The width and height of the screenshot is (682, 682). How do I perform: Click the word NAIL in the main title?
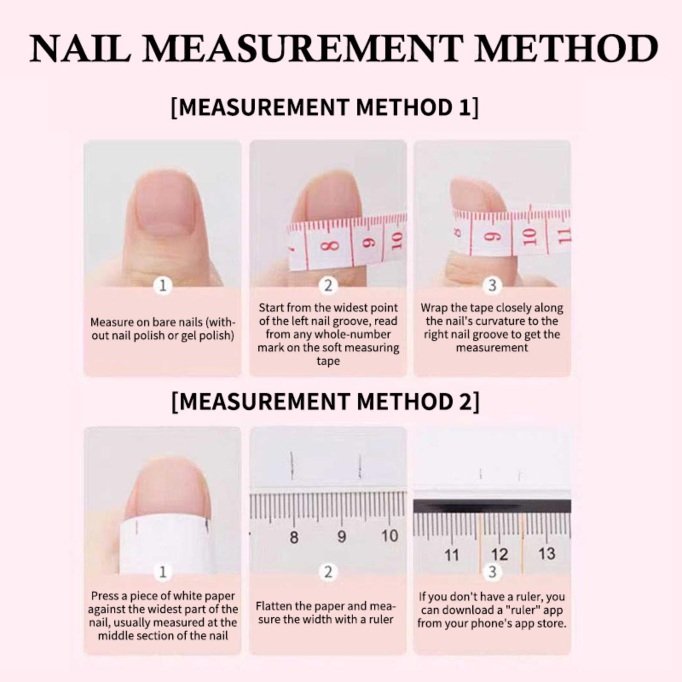pos(80,49)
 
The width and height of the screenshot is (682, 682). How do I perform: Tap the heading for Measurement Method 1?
pos(325,107)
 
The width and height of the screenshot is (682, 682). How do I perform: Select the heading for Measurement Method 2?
pos(325,402)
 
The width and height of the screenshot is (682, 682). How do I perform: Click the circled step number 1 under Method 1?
pos(163,285)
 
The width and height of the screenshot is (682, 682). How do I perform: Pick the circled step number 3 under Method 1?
pos(492,285)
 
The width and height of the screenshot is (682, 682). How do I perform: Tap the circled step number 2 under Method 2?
pos(328,572)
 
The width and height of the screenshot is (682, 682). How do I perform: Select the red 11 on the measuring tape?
pos(564,235)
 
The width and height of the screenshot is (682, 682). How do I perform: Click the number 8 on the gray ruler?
pos(294,538)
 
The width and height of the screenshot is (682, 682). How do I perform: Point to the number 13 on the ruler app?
pos(546,554)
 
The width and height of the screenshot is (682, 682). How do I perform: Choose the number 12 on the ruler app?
pos(500,555)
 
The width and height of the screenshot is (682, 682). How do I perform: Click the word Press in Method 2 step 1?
pos(105,596)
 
